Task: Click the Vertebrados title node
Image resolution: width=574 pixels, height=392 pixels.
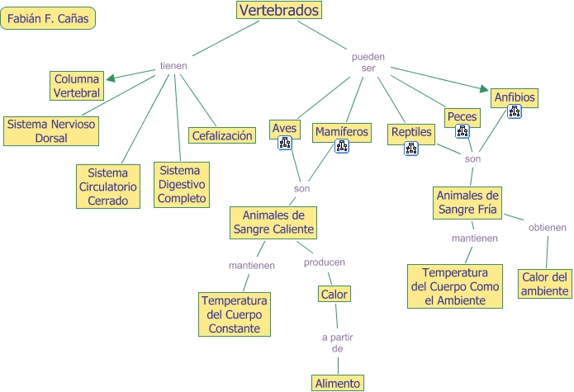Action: click(279, 10)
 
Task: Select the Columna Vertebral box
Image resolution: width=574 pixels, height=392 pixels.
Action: click(78, 86)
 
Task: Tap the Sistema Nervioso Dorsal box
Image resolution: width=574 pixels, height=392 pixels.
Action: click(51, 131)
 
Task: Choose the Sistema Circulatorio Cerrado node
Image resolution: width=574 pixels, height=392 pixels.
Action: click(108, 187)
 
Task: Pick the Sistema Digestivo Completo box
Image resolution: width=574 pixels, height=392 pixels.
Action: click(182, 185)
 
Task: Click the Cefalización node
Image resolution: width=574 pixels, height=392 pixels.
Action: click(222, 135)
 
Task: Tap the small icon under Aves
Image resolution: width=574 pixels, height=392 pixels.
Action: click(285, 144)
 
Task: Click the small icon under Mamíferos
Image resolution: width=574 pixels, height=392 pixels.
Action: click(341, 147)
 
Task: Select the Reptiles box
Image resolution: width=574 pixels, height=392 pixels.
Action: click(411, 132)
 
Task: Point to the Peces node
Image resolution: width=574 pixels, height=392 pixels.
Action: click(462, 116)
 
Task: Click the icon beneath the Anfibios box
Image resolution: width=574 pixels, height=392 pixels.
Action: click(515, 112)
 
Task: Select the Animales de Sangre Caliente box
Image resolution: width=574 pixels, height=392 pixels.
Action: click(273, 222)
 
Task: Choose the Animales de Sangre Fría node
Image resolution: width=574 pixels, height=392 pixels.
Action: click(468, 202)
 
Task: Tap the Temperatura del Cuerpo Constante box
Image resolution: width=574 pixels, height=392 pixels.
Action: click(235, 314)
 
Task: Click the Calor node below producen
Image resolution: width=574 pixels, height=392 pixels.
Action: click(334, 294)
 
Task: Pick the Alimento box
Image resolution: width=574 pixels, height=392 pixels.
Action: click(337, 383)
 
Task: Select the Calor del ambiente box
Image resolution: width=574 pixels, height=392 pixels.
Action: click(545, 284)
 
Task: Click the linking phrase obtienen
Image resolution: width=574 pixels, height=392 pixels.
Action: click(548, 228)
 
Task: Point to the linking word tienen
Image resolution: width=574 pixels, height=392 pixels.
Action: click(173, 66)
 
